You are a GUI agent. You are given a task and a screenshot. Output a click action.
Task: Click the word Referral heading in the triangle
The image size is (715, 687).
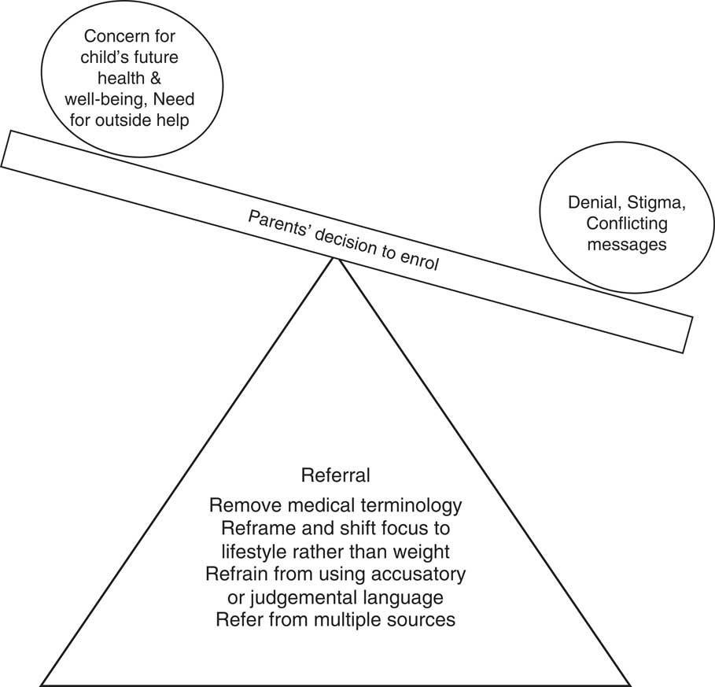pos(335,476)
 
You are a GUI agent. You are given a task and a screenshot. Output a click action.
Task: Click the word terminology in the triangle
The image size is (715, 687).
pos(418,504)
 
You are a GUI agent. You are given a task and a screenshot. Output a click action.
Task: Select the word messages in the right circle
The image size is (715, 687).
pos(626,245)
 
